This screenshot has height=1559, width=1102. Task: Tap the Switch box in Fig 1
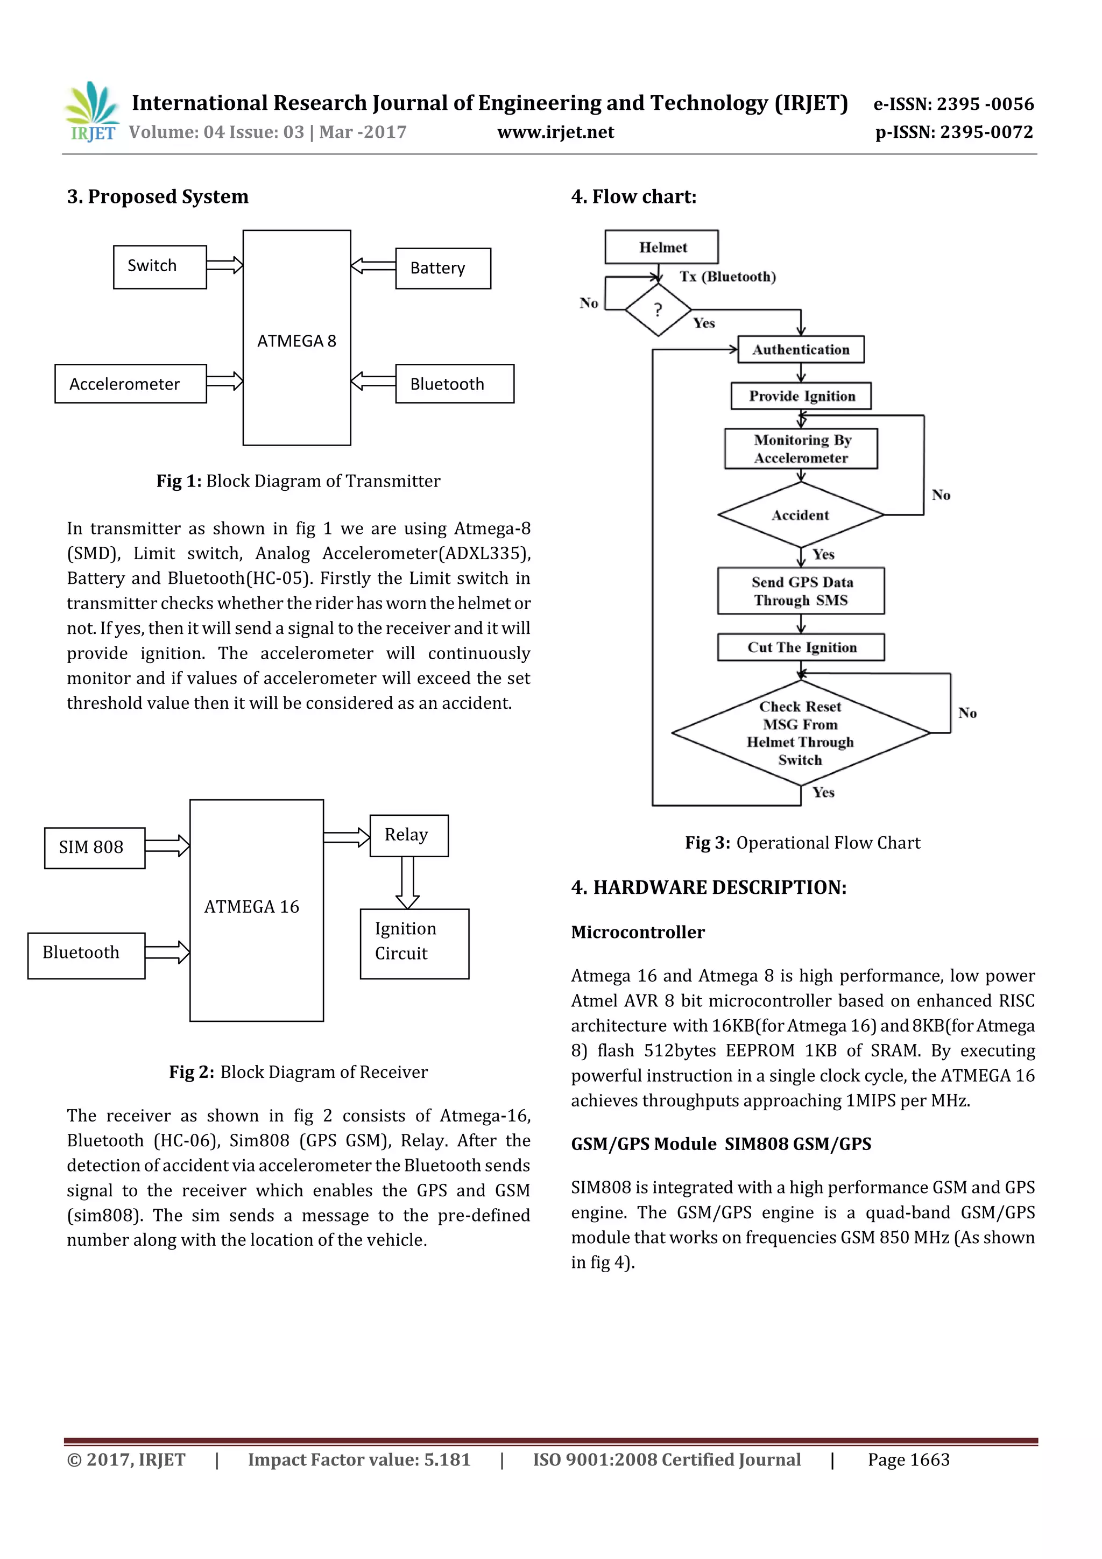click(x=160, y=267)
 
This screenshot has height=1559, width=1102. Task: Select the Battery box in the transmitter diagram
click(x=443, y=268)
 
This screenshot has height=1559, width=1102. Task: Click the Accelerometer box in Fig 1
click(x=130, y=384)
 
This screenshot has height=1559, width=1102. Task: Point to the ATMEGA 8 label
click(x=296, y=341)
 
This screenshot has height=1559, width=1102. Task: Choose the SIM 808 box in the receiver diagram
click(x=94, y=848)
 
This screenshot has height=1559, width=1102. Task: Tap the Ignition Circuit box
click(x=414, y=943)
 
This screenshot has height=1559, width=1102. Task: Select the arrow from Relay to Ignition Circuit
click(x=407, y=883)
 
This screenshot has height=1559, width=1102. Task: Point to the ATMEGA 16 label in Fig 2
click(x=252, y=906)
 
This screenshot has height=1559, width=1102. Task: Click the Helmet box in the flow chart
click(x=662, y=247)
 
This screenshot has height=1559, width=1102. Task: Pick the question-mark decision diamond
click(x=657, y=309)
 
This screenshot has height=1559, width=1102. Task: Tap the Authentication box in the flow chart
click(x=801, y=350)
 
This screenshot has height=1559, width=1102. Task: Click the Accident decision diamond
click(x=801, y=514)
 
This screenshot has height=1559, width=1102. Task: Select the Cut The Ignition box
click(x=801, y=647)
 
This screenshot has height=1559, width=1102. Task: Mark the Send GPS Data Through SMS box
click(x=801, y=591)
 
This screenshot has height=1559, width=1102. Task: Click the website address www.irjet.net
click(x=555, y=132)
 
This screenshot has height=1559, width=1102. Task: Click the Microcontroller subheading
click(x=638, y=932)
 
